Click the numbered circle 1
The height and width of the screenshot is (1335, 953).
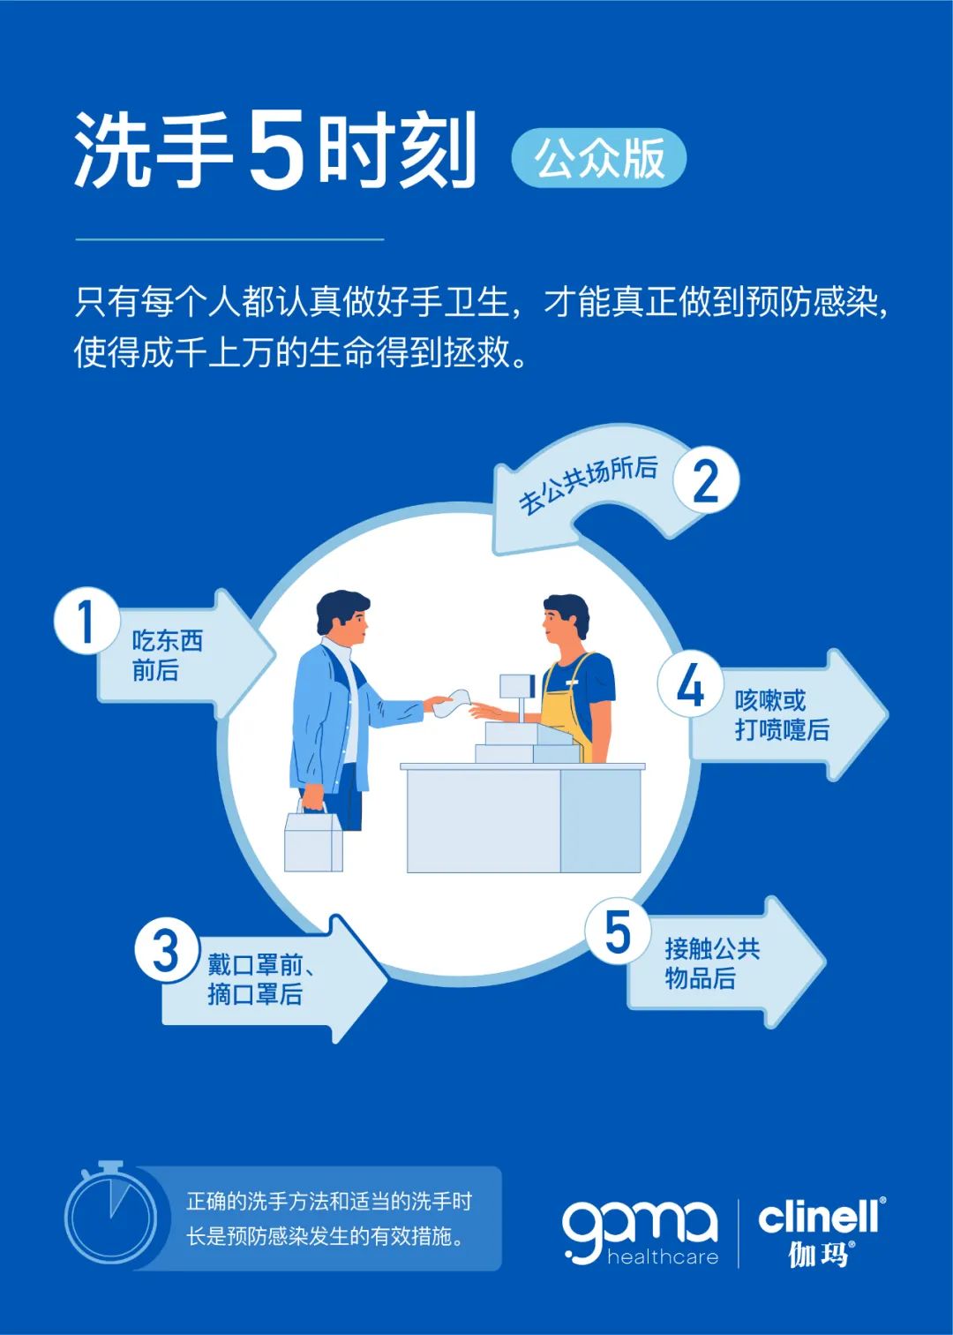coord(87,622)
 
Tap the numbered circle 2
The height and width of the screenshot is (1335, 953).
coord(707,479)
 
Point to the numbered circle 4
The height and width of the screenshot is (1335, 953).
coord(691,684)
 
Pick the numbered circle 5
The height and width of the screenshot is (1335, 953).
coord(618,931)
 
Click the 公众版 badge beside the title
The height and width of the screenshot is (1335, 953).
coord(598,158)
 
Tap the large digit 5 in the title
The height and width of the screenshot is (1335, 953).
coord(276,152)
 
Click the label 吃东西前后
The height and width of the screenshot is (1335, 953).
coord(167,655)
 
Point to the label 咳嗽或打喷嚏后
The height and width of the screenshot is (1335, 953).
coord(782,715)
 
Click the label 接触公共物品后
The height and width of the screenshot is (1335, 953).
coord(712,963)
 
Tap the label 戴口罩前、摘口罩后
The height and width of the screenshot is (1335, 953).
coord(261,980)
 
